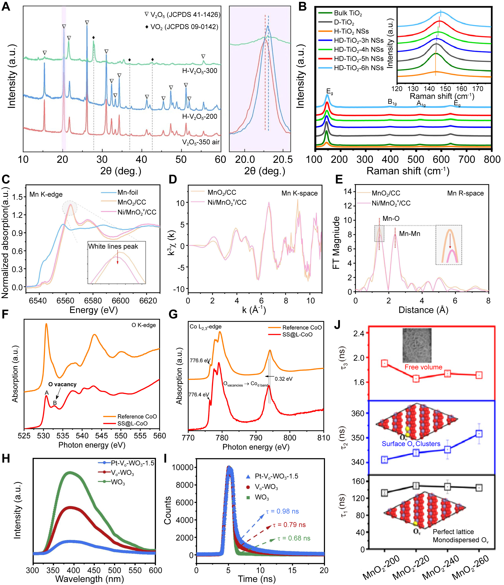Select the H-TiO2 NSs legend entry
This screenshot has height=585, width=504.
click(351, 31)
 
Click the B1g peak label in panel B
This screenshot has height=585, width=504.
click(392, 102)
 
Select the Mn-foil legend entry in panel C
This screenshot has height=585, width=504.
click(127, 193)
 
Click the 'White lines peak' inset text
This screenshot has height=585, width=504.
click(113, 247)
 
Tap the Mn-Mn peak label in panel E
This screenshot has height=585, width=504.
click(409, 234)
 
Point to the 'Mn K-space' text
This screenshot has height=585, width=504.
click(299, 193)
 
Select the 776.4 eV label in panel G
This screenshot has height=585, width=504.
click(199, 394)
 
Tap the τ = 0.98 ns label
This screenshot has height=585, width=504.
click(282, 511)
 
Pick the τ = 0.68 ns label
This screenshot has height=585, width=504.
click(294, 538)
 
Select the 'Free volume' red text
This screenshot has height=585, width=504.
click(423, 367)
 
